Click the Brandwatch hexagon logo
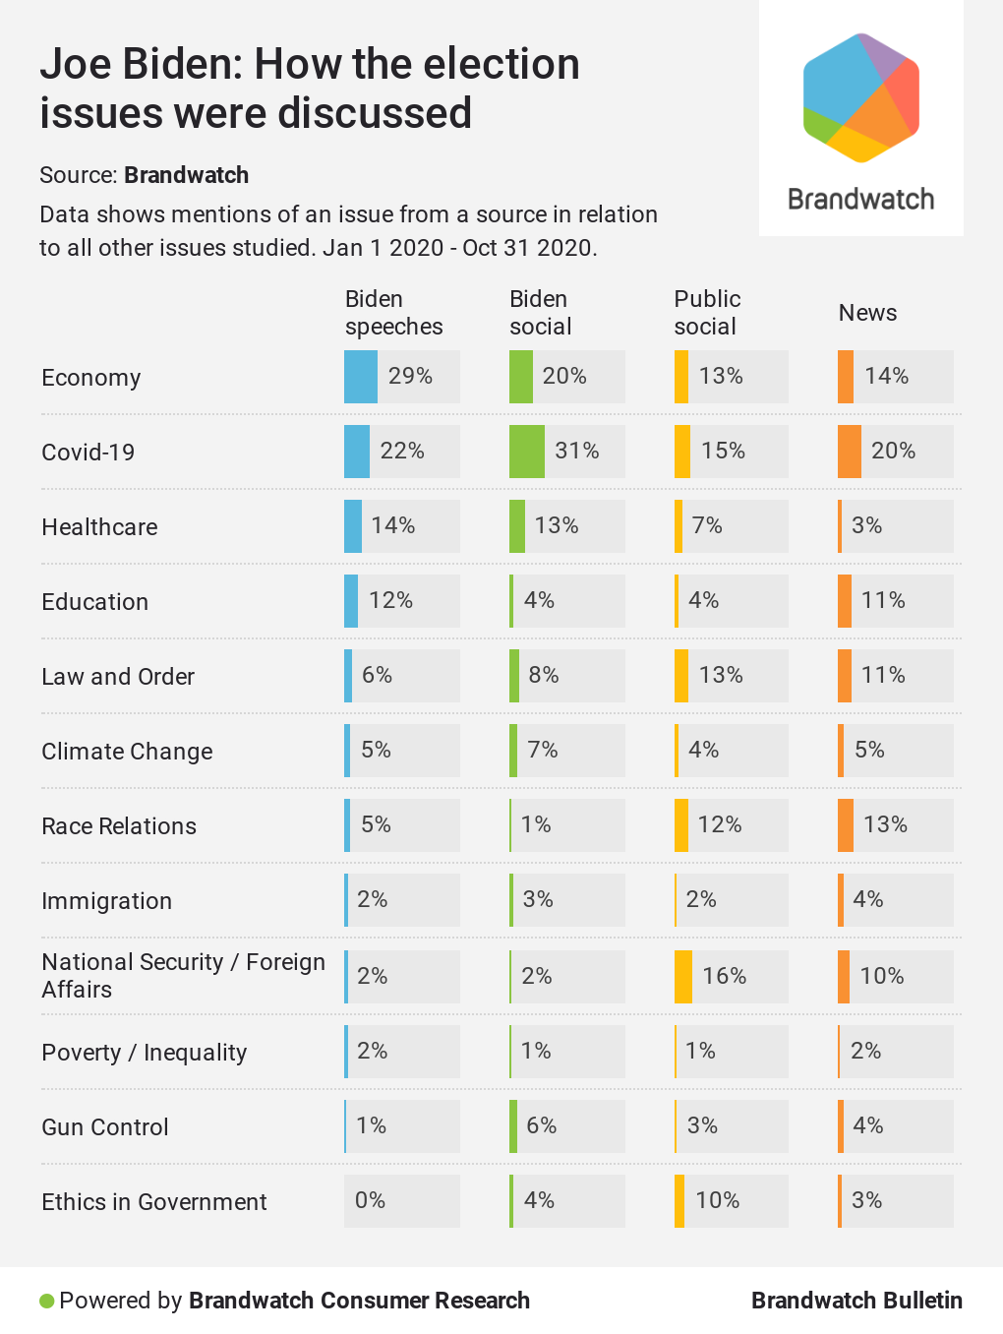click(861, 97)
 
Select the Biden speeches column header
click(393, 313)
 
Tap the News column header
click(867, 313)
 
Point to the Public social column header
click(707, 313)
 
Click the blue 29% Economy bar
click(361, 377)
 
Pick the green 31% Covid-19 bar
click(527, 452)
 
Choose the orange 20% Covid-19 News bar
click(850, 452)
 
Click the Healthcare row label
click(99, 527)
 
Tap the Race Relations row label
click(119, 826)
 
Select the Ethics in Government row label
click(154, 1202)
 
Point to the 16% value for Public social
click(724, 976)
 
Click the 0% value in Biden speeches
click(370, 1200)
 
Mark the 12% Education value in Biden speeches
click(390, 600)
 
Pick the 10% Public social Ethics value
click(717, 1200)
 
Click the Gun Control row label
click(105, 1127)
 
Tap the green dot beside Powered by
click(46, 1302)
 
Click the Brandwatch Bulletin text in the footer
click(856, 1301)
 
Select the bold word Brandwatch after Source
click(187, 175)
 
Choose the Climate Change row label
click(127, 752)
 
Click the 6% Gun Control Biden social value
click(541, 1125)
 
